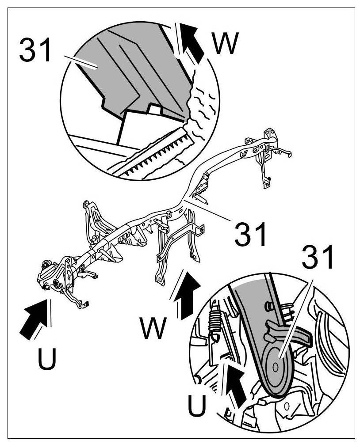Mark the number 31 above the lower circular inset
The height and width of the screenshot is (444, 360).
(x=318, y=258)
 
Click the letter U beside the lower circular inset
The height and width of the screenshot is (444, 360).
(x=196, y=404)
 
